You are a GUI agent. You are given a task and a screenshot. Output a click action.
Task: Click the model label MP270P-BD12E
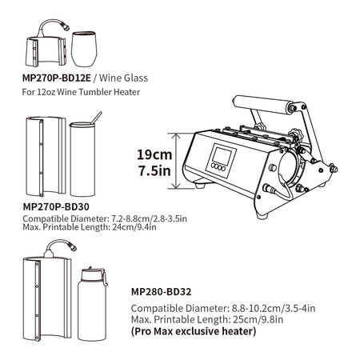click(x=57, y=78)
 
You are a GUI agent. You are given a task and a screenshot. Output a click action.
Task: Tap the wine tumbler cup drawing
click(x=84, y=49)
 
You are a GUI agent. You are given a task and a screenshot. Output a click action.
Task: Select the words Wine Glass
click(x=123, y=78)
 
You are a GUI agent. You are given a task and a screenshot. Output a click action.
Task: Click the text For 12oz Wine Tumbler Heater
click(x=81, y=92)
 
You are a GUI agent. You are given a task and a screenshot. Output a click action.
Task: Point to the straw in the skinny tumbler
click(x=96, y=118)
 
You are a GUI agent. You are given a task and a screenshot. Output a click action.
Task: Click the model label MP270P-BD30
click(x=56, y=206)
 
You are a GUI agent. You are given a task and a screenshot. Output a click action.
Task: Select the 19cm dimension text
click(x=154, y=154)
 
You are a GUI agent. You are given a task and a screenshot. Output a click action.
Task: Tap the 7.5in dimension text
click(x=154, y=170)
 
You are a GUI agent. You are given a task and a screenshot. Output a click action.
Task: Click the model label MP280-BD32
click(x=162, y=292)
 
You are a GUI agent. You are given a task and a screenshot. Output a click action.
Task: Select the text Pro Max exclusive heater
click(x=194, y=331)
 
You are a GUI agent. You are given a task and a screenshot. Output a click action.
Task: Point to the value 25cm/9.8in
click(x=258, y=319)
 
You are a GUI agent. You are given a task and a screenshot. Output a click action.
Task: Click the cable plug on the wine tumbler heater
click(x=66, y=27)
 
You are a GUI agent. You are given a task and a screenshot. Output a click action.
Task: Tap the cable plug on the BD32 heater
click(x=73, y=246)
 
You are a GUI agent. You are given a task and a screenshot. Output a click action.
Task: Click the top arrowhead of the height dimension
click(x=175, y=136)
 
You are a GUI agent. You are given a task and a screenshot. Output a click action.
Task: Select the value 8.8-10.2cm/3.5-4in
click(x=274, y=308)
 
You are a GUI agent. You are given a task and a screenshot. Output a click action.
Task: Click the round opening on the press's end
click(x=289, y=167)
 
